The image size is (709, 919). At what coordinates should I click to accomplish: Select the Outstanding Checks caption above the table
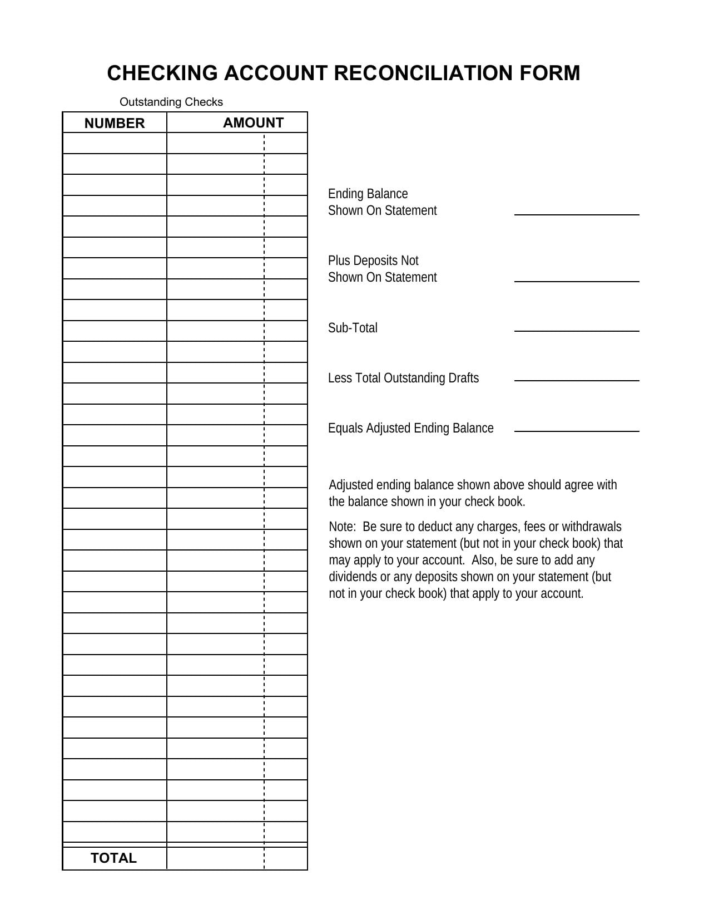pos(171,102)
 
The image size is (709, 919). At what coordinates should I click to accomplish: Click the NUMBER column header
pos(115,123)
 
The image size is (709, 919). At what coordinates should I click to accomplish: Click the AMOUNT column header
pos(253,122)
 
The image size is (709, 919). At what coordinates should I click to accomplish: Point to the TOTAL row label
pos(113,858)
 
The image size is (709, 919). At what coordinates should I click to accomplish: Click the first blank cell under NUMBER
pos(115,143)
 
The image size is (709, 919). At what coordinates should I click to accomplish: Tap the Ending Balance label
pos(368,194)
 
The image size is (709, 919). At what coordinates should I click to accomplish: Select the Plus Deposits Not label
pos(373,261)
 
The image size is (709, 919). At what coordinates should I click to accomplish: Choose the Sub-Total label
pos(353,328)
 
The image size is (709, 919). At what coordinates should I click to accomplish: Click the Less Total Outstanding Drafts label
pos(403,378)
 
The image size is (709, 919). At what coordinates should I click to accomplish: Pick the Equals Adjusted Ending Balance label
pos(410,428)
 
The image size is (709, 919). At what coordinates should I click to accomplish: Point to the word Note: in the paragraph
pos(342,527)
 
